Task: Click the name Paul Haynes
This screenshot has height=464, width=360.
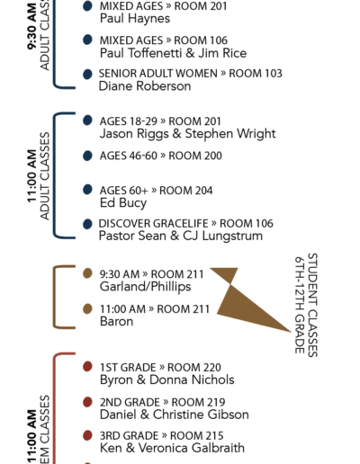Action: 135,19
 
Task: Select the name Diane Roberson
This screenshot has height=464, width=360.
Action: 145,86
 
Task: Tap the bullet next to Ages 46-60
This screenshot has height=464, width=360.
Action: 87,156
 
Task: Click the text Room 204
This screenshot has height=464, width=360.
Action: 186,191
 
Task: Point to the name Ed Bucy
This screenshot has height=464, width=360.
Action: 123,203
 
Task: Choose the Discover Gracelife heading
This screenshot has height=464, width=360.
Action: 153,224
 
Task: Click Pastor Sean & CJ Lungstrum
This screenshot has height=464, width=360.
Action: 181,236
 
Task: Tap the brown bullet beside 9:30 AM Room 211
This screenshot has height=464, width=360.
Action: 87,273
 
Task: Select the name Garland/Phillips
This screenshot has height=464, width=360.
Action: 145,287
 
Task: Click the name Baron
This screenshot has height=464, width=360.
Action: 116,321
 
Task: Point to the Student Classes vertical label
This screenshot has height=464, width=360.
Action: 312,305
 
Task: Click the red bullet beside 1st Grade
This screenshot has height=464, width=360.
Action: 87,367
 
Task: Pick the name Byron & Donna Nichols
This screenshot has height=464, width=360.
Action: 167,379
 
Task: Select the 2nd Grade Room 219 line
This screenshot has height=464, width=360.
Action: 163,402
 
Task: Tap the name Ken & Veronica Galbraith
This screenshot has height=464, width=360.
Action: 172,448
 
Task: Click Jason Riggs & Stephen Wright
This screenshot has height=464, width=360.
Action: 188,134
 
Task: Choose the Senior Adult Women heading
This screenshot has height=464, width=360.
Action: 158,74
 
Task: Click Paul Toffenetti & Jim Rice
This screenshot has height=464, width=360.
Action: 174,53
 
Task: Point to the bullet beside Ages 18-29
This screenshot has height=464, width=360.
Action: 87,120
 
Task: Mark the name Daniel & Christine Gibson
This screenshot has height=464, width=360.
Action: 175,415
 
